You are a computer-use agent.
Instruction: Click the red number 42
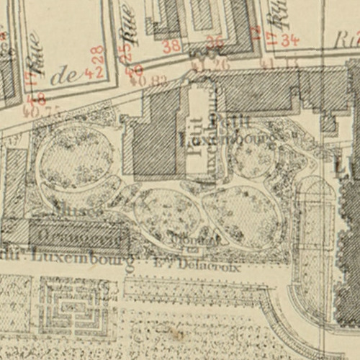click(x=91, y=72)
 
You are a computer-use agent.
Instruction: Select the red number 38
click(x=171, y=46)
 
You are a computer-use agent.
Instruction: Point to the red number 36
click(x=214, y=41)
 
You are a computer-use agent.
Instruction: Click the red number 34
click(x=289, y=40)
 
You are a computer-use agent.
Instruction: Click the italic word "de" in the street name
click(x=66, y=76)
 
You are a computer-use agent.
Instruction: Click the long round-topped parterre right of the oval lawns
click(x=315, y=238)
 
